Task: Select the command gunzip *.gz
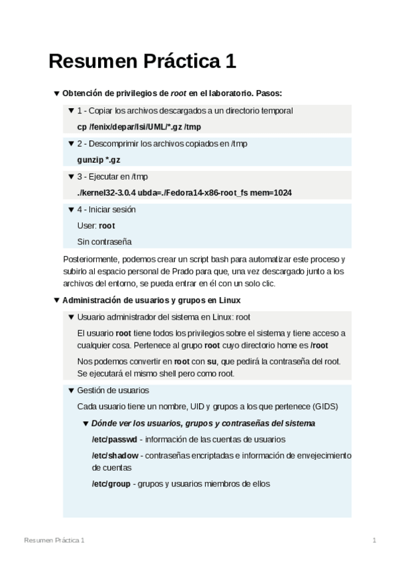pos(99,160)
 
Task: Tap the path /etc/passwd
pos(114,439)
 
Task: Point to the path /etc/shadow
pos(115,455)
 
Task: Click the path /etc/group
pos(112,484)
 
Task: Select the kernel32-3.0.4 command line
pos(184,193)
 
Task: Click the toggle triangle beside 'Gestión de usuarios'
pos(71,390)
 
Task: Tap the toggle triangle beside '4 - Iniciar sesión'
pos(71,210)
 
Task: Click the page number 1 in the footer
pos(375,539)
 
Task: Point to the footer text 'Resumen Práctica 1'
pos(54,539)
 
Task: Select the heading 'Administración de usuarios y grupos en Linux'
pos(152,300)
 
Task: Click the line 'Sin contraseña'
pos(104,242)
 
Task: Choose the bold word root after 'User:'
pos(107,226)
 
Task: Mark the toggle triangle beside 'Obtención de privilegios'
pos(56,93)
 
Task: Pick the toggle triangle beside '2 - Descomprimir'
pos(71,144)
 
